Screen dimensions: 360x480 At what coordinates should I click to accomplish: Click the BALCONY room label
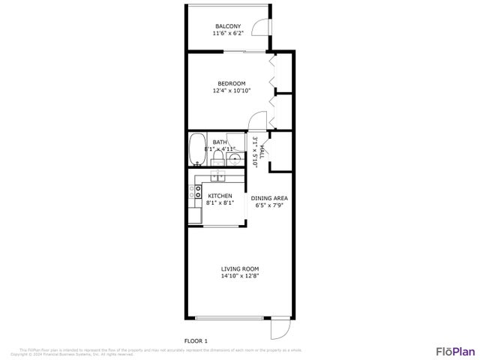pyautogui.click(x=228, y=26)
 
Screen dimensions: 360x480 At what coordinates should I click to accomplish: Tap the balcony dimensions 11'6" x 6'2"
pyautogui.click(x=228, y=34)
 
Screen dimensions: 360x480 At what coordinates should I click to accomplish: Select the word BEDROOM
pyautogui.click(x=231, y=83)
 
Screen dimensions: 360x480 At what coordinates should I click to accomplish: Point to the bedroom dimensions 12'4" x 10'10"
pyautogui.click(x=231, y=91)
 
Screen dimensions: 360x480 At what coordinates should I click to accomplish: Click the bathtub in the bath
pyautogui.click(x=198, y=148)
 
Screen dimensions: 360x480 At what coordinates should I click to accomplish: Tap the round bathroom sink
pyautogui.click(x=235, y=158)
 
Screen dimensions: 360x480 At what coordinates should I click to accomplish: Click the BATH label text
pyautogui.click(x=220, y=142)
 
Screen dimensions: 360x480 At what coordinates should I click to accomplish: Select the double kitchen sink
pyautogui.click(x=217, y=176)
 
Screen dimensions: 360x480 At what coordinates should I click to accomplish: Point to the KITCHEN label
pyautogui.click(x=220, y=196)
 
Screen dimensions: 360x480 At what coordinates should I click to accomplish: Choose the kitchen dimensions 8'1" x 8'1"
pyautogui.click(x=220, y=203)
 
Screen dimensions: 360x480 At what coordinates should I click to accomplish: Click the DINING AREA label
pyautogui.click(x=270, y=198)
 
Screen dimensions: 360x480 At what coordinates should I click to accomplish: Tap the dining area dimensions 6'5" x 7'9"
pyautogui.click(x=270, y=205)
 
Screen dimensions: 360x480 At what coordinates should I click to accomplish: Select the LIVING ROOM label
pyautogui.click(x=240, y=268)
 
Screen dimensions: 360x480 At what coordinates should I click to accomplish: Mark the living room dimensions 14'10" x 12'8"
pyautogui.click(x=240, y=276)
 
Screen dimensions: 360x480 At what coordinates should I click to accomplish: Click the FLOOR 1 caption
pyautogui.click(x=196, y=340)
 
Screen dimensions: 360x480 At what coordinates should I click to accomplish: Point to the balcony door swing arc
pyautogui.click(x=259, y=28)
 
